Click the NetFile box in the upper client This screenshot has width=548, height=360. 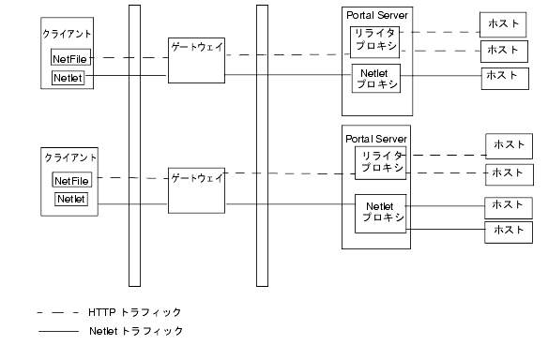[69, 59]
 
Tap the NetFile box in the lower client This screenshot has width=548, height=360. [71, 180]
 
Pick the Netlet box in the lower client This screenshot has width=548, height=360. [71, 199]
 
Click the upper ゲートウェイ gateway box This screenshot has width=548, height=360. [196, 60]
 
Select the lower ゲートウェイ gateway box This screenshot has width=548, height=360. [196, 189]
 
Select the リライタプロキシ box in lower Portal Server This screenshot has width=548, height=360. [381, 161]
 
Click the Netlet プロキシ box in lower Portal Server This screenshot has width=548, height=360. [381, 212]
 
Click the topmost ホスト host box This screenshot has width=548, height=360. [503, 22]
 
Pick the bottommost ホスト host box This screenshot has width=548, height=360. [509, 231]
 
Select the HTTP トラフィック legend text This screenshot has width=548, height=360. [134, 311]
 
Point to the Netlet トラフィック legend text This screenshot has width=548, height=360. [136, 331]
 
